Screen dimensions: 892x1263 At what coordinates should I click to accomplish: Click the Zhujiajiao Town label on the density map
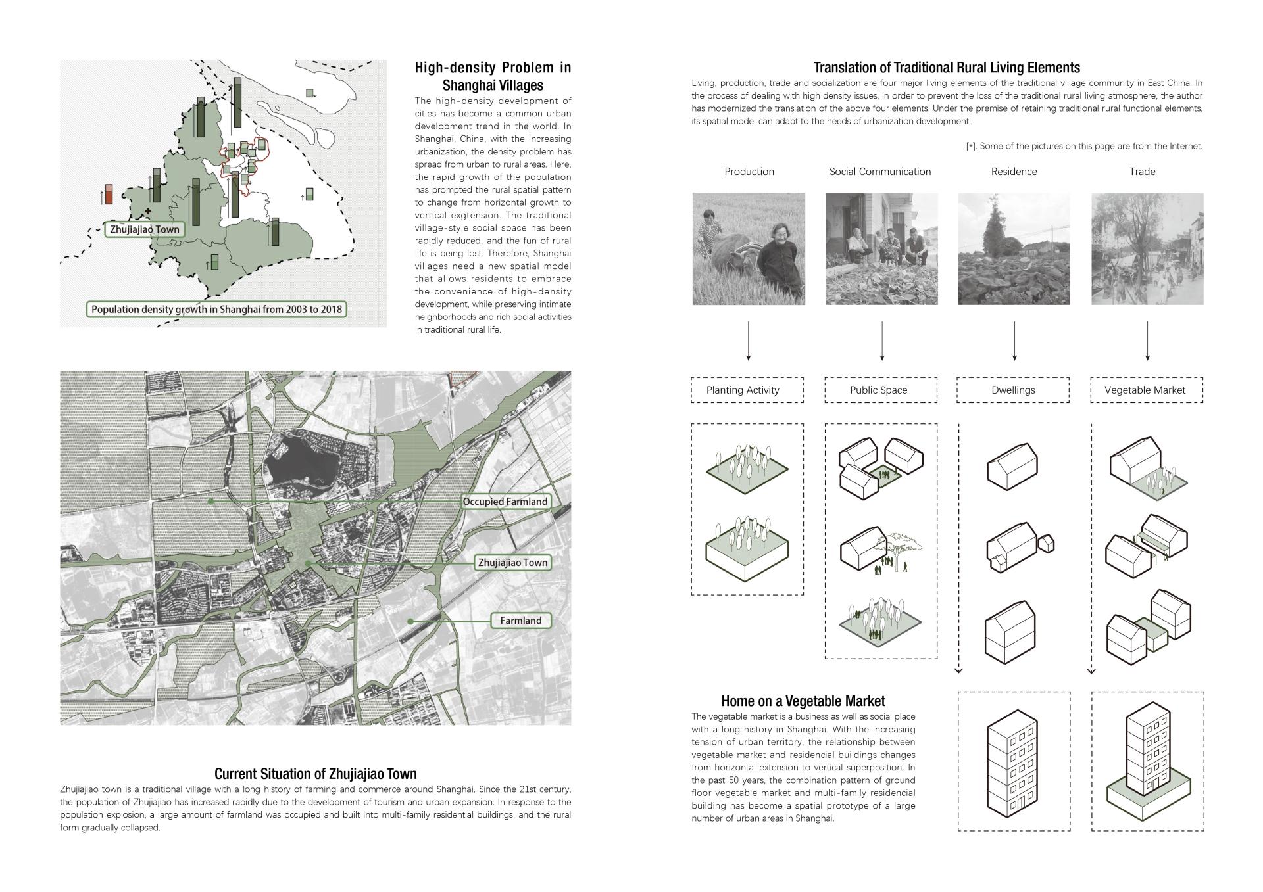click(x=145, y=230)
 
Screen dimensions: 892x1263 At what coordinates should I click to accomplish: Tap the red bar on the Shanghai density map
click(x=109, y=194)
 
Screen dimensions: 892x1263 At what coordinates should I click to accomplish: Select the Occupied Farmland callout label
click(x=505, y=502)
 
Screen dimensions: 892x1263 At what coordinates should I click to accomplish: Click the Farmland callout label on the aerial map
click(x=520, y=621)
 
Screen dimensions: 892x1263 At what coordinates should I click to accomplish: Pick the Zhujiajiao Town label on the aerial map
click(x=512, y=563)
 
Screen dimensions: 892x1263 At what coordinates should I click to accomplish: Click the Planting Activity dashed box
click(x=747, y=390)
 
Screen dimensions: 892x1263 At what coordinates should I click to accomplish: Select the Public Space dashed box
click(x=881, y=390)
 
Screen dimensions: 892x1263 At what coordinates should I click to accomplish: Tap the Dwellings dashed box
click(x=1013, y=390)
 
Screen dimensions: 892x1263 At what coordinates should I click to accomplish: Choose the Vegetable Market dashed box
click(x=1147, y=390)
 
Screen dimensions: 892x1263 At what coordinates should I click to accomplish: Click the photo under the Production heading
click(x=749, y=248)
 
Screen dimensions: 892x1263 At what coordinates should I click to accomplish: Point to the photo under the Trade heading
click(x=1147, y=248)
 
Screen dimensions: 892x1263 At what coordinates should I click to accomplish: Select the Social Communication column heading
click(x=880, y=172)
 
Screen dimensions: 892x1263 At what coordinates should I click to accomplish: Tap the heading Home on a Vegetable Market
click(x=803, y=701)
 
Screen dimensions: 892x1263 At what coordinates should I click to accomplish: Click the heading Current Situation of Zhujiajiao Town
click(x=315, y=774)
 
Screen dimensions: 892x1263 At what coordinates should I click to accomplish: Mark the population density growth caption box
click(x=217, y=310)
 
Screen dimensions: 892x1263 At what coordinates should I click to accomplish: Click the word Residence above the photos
click(x=1014, y=172)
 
